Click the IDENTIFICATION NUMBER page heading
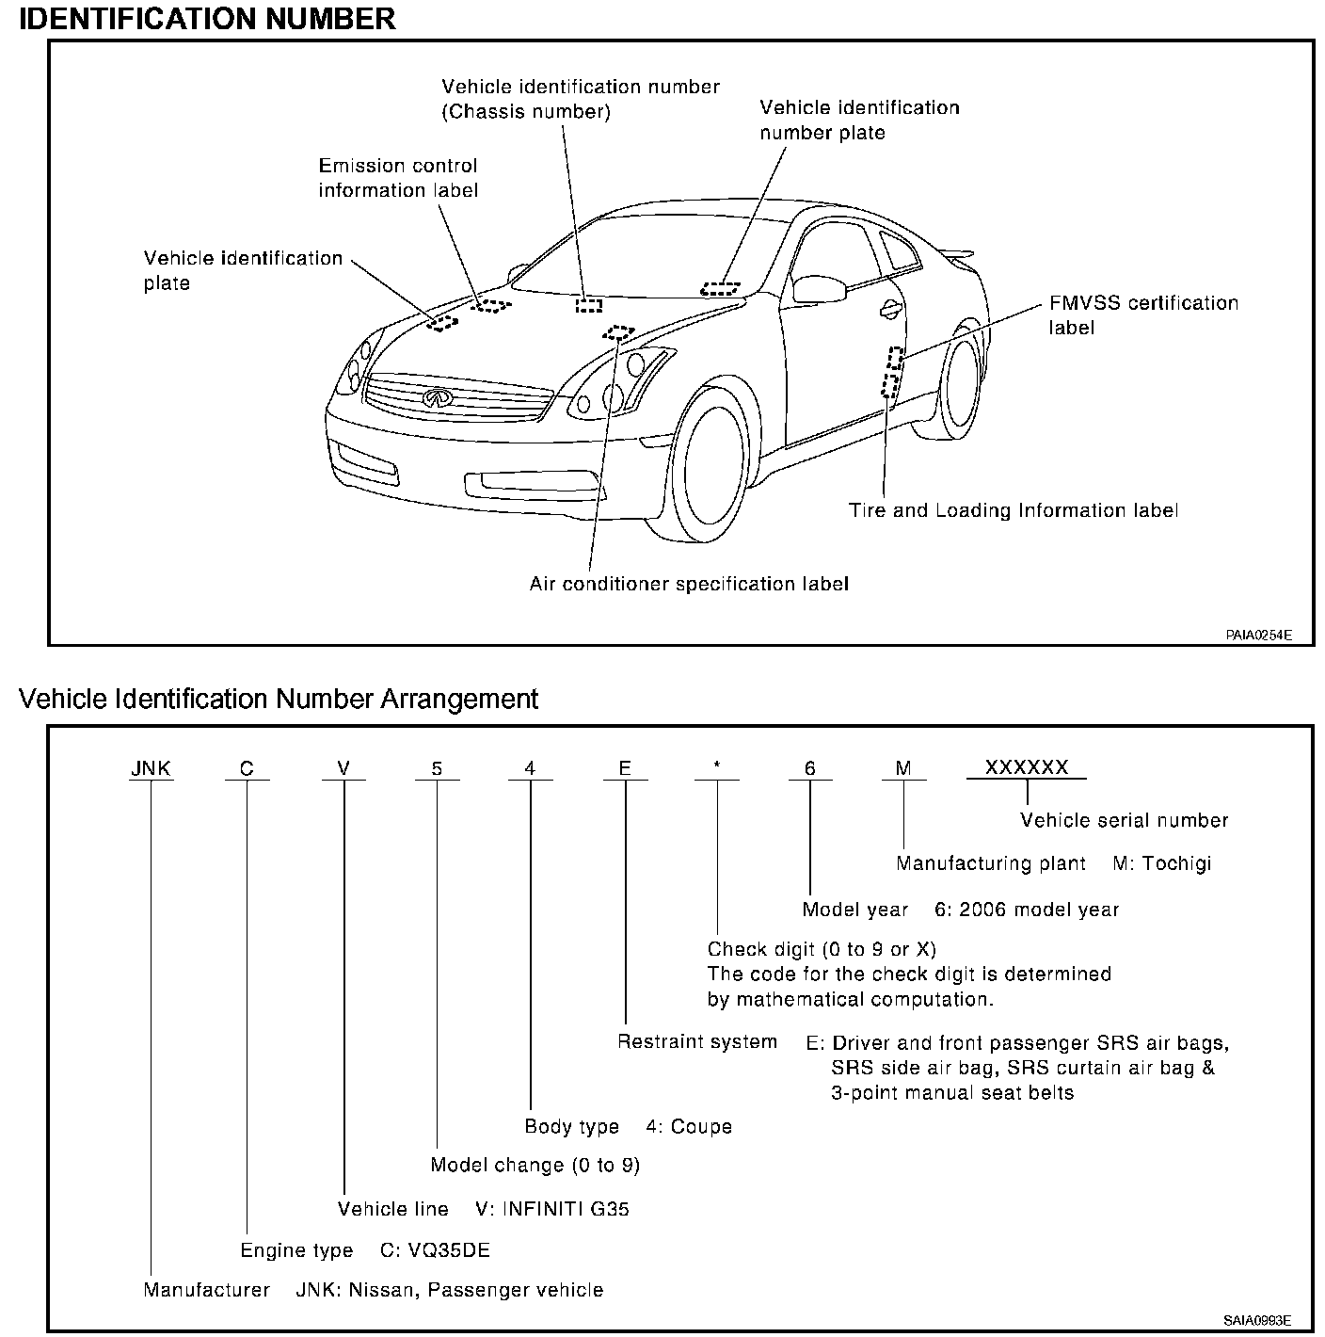coord(207,18)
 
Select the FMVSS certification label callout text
coord(1143,315)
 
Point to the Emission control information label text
coord(398,178)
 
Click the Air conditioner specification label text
coord(689,584)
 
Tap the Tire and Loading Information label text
coord(1014,510)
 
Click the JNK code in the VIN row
coord(151,768)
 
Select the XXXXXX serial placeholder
coord(1027,767)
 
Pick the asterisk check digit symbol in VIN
coord(717,768)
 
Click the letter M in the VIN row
coord(903,768)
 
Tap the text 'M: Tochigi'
coord(1162,863)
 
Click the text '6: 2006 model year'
coord(1027,910)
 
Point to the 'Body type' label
coord(572,1127)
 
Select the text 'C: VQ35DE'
coord(435,1250)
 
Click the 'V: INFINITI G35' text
coord(552,1209)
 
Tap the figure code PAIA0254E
coord(1258,636)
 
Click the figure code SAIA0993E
coord(1257,1320)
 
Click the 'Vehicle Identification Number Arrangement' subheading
coord(279,700)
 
